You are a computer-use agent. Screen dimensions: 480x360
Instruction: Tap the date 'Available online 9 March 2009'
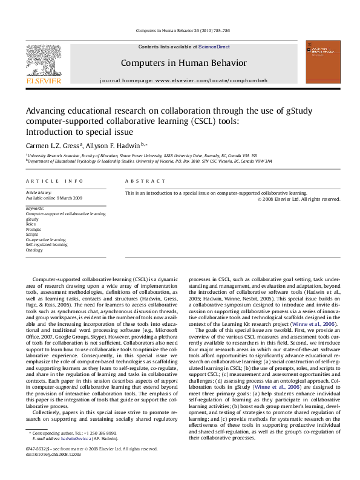click(x=54, y=198)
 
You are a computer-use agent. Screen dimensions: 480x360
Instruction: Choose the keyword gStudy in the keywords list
click(x=34, y=219)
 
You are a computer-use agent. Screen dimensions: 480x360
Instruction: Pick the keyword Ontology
click(x=35, y=249)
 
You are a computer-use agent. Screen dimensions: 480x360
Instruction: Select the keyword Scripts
click(x=34, y=234)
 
